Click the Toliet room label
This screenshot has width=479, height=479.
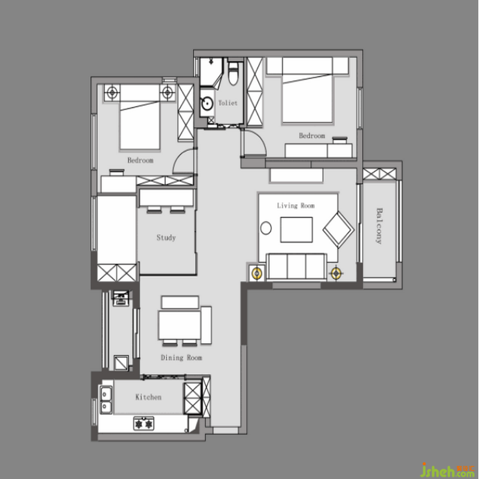(228, 103)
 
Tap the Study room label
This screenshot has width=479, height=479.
(166, 237)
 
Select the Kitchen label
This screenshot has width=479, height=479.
(148, 397)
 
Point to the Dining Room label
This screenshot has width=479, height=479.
(181, 357)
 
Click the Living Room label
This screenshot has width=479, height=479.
(296, 205)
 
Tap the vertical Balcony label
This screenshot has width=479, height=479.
(379, 226)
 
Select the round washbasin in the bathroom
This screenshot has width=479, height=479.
(207, 103)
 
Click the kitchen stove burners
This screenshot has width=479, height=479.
(144, 424)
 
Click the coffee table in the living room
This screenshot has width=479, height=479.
(296, 229)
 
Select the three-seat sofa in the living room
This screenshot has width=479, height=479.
(296, 266)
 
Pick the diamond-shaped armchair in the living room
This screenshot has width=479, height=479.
(338, 230)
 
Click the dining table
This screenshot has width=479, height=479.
(180, 325)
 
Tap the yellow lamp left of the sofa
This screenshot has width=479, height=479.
(257, 273)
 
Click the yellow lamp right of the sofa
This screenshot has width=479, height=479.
(336, 273)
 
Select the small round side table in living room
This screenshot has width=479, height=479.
(266, 228)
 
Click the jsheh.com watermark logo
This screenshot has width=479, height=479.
(448, 471)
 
